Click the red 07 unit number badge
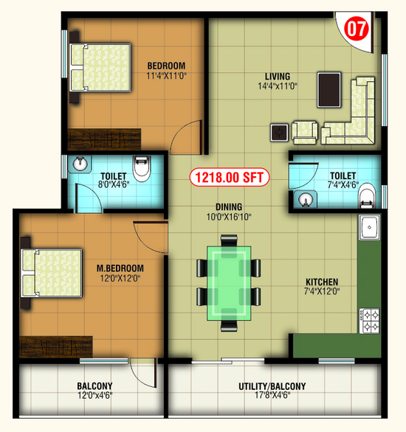[x=357, y=29]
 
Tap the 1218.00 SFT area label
[x=229, y=177]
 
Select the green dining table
[x=229, y=283]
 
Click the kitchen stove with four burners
[x=370, y=321]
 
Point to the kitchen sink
[x=370, y=228]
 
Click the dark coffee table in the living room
[x=328, y=90]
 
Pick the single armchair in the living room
[x=304, y=132]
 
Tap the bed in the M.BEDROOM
[x=52, y=273]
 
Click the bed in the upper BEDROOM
[x=100, y=67]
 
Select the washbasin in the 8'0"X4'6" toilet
[x=80, y=164]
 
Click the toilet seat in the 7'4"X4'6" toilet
[x=367, y=195]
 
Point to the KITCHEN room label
[x=322, y=282]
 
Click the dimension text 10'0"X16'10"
[x=229, y=217]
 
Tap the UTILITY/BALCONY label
[x=272, y=386]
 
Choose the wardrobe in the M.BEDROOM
[x=56, y=347]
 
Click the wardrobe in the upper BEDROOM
[x=105, y=139]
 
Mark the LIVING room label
[x=278, y=77]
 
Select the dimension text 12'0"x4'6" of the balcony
[x=95, y=396]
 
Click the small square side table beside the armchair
[x=279, y=133]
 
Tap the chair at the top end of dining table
[x=229, y=240]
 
